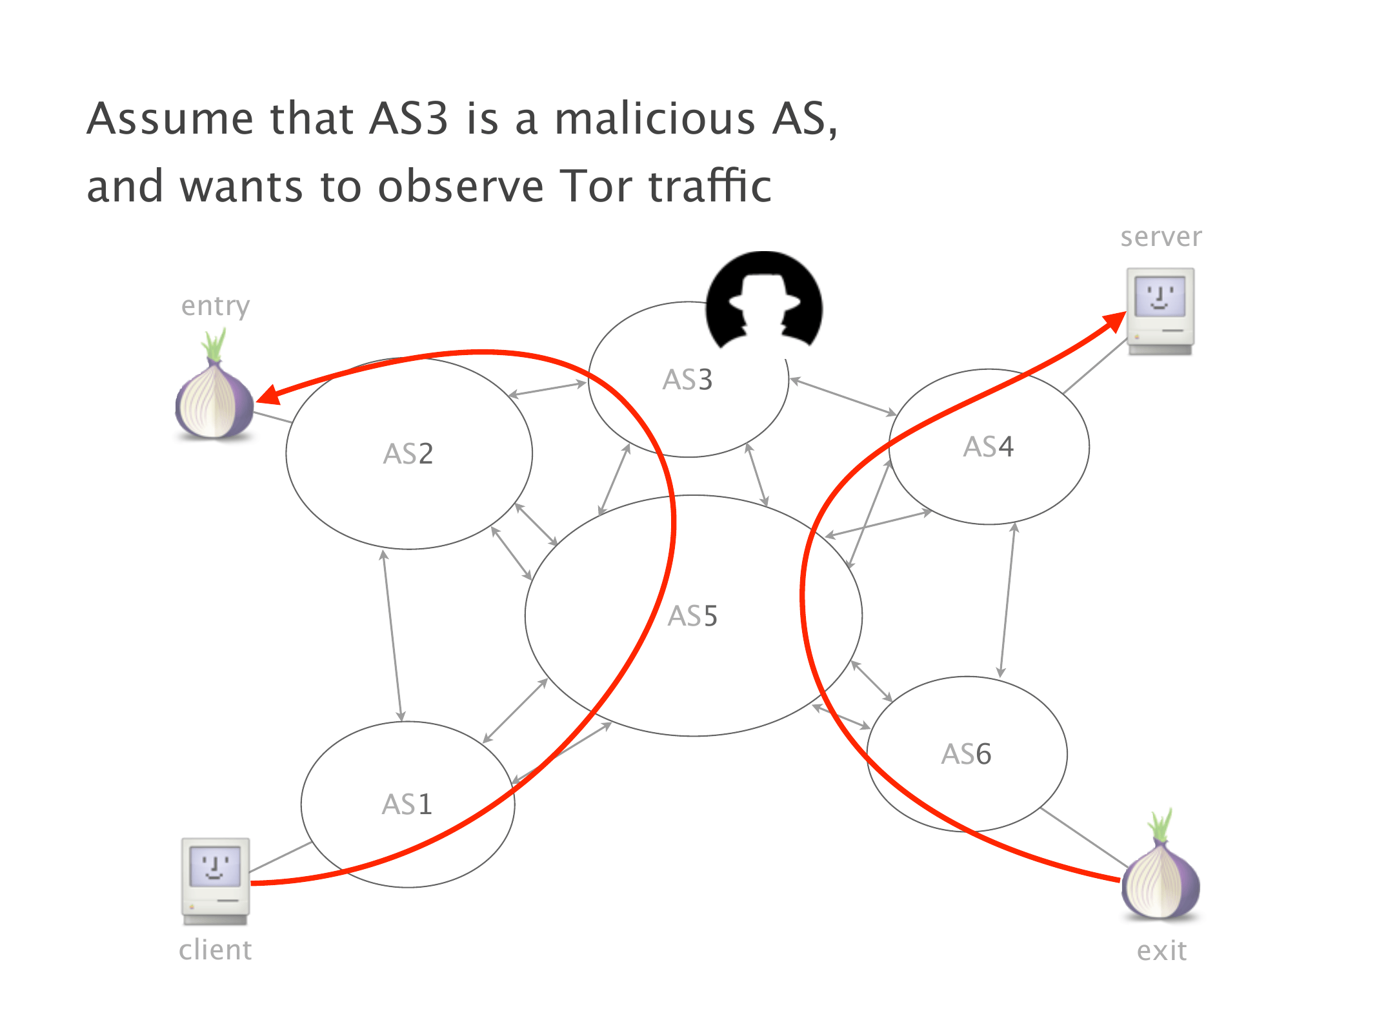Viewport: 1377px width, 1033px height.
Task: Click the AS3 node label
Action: click(x=687, y=380)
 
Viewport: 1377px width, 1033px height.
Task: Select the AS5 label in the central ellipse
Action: click(x=692, y=616)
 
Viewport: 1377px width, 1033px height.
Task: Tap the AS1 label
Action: click(x=407, y=804)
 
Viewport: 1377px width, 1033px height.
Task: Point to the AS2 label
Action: click(x=408, y=454)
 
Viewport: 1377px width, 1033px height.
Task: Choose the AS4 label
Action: click(x=989, y=447)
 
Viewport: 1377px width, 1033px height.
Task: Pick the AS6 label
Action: click(x=966, y=754)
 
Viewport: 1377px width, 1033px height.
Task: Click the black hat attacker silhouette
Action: click(x=764, y=300)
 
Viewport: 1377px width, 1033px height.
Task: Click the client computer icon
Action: click(x=216, y=881)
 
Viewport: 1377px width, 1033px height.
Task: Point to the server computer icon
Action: click(x=1161, y=312)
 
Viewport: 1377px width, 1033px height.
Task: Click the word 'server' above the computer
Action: click(x=1161, y=238)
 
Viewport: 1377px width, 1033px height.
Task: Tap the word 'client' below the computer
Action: click(x=216, y=950)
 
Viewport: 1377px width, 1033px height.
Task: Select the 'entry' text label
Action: click(x=216, y=307)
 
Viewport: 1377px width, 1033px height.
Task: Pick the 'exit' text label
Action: click(x=1161, y=950)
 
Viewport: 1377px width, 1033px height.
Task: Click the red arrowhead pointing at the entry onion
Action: click(x=270, y=395)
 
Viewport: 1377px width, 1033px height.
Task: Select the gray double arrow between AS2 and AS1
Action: click(x=392, y=636)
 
